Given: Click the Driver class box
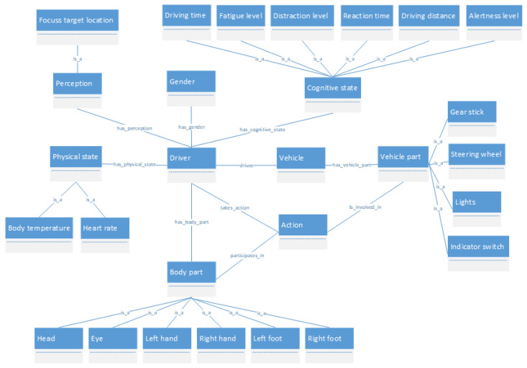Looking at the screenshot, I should pos(191,159).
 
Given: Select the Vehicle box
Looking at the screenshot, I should pos(301,159).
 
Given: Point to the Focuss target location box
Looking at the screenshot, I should pos(77,22).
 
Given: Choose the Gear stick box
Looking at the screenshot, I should pos(472,112).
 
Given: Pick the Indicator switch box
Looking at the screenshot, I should pos(478,248).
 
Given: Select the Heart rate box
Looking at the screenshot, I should pos(105,230).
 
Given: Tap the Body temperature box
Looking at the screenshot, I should pos(39,230).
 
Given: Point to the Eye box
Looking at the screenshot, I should pos(111,339).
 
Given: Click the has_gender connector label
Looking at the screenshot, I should pos(191,127).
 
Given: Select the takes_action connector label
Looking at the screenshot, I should pos(234,207).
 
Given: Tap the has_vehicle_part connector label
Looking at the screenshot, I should pos(352,165).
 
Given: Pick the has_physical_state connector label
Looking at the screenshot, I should pos(134,165).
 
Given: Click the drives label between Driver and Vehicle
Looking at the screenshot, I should pos(246,165).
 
